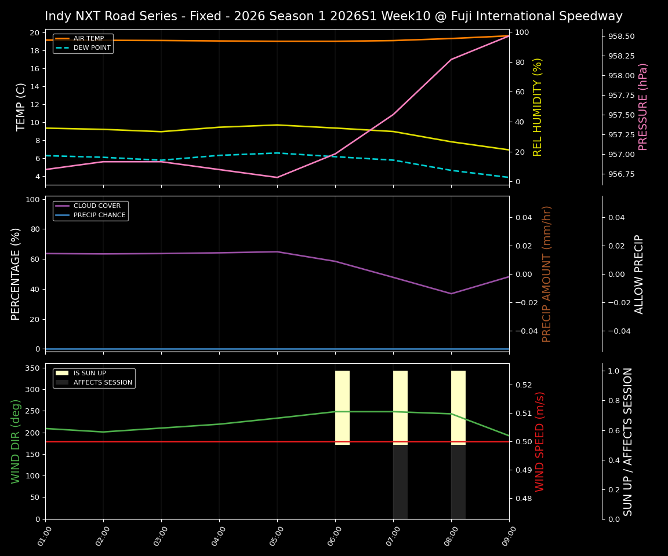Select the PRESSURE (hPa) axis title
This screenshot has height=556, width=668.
[643, 107]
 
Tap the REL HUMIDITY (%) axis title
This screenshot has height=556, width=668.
[538, 107]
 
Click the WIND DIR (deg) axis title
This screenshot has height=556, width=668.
[16, 441]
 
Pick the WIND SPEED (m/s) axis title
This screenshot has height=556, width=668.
[540, 441]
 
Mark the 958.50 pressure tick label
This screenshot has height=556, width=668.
[621, 36]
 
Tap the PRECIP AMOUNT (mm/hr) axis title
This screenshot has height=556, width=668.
[547, 273]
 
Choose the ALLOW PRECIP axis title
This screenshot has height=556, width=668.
[639, 273]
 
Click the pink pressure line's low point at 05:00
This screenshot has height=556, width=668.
[277, 177]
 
